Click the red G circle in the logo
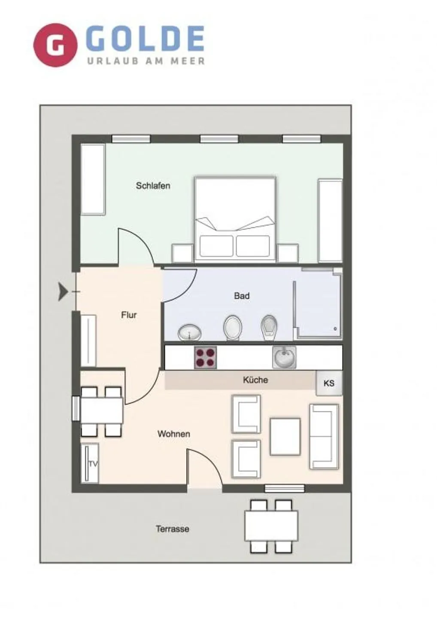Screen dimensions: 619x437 click(55, 45)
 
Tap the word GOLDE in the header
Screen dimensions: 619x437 click(145, 39)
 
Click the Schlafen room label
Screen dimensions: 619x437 click(153, 186)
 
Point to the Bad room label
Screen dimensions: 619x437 click(242, 296)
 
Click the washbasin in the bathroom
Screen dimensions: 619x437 click(190, 332)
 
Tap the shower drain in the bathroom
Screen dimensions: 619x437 click(335, 329)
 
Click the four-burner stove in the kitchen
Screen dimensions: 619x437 click(205, 358)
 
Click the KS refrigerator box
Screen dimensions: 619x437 click(329, 383)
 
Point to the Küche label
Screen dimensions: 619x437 click(255, 380)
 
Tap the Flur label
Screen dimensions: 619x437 click(129, 315)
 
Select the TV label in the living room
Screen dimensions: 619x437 click(93, 464)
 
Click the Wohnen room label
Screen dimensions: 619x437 click(173, 434)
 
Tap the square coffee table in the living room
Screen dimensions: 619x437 click(285, 436)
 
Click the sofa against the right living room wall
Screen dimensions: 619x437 click(324, 436)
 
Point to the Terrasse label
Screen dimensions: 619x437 click(172, 529)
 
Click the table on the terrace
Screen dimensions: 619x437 click(271, 526)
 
